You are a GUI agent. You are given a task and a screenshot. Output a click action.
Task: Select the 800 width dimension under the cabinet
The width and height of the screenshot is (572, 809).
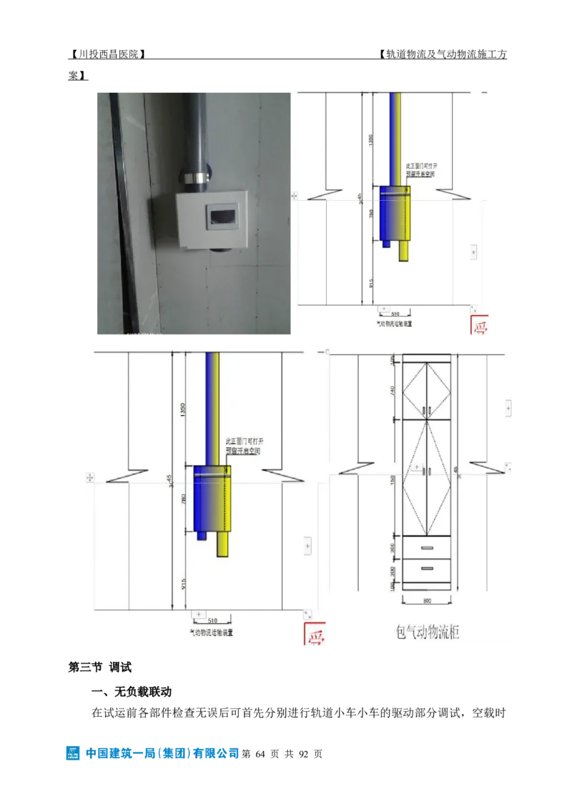[x=426, y=601]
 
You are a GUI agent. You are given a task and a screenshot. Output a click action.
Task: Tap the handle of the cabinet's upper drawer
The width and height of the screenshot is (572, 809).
[x=427, y=548]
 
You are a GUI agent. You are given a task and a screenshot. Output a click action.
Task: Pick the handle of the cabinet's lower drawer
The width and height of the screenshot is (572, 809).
[x=427, y=569]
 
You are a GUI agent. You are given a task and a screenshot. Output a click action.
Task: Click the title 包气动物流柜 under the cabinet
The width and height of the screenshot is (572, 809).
[x=427, y=632]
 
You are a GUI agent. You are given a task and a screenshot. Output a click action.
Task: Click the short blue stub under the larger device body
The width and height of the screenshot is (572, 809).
[x=202, y=535]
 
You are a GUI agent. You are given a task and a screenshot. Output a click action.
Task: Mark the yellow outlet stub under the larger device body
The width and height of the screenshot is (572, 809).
[x=224, y=545]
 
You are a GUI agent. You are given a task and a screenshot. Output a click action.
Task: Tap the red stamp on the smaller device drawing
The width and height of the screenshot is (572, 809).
[x=479, y=324]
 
